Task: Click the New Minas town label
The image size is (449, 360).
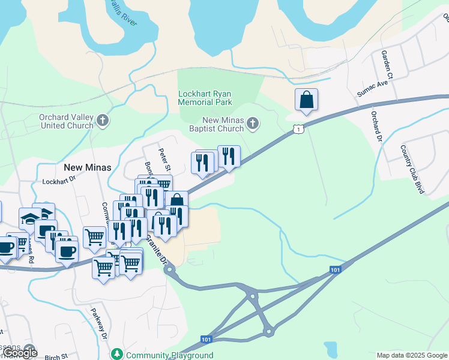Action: (x=88, y=167)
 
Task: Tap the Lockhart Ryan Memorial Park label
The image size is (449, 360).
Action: (x=205, y=98)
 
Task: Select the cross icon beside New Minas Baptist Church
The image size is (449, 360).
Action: (x=253, y=124)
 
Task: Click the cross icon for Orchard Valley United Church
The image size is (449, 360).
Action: (x=103, y=121)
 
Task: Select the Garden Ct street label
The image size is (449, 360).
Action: (x=387, y=65)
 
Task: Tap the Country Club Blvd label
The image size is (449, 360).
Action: (x=412, y=169)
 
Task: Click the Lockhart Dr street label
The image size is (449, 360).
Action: (x=59, y=179)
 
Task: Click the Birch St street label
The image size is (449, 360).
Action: (x=57, y=356)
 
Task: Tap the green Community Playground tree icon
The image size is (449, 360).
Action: (x=118, y=355)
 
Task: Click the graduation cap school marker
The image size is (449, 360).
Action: (x=29, y=217)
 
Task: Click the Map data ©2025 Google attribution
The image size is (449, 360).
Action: (x=412, y=355)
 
